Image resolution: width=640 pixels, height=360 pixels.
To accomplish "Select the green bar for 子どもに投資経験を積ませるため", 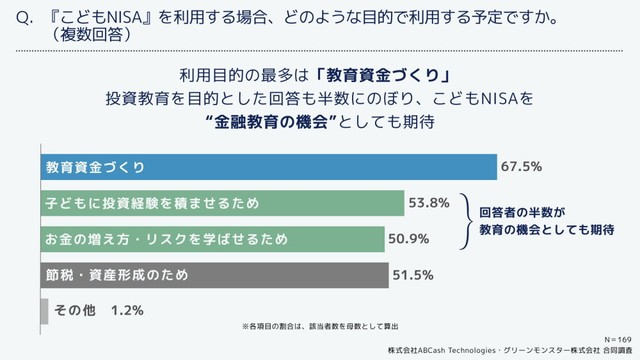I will (221, 203).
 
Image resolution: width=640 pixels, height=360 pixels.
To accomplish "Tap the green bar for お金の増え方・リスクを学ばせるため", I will (211, 239).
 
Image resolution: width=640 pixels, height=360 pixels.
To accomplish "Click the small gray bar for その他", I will (43, 311).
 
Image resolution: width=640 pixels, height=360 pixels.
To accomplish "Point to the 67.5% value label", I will (521, 166).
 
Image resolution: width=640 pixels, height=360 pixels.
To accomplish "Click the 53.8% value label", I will (427, 203).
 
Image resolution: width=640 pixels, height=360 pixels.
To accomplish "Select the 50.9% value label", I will (408, 239).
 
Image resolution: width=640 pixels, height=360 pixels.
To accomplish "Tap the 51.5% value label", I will (412, 274).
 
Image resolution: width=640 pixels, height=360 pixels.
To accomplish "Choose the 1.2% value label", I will (128, 311).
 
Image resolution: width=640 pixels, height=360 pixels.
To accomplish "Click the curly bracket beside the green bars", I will (465, 221).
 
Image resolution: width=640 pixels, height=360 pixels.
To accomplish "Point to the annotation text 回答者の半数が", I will (522, 212).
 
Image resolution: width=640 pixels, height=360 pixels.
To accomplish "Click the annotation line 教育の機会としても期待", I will (545, 230).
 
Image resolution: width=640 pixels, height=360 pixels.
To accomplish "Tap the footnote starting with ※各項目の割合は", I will (320, 326).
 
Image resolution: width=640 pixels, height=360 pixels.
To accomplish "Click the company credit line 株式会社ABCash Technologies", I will (499, 350).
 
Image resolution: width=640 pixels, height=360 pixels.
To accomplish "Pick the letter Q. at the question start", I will (14, 18).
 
